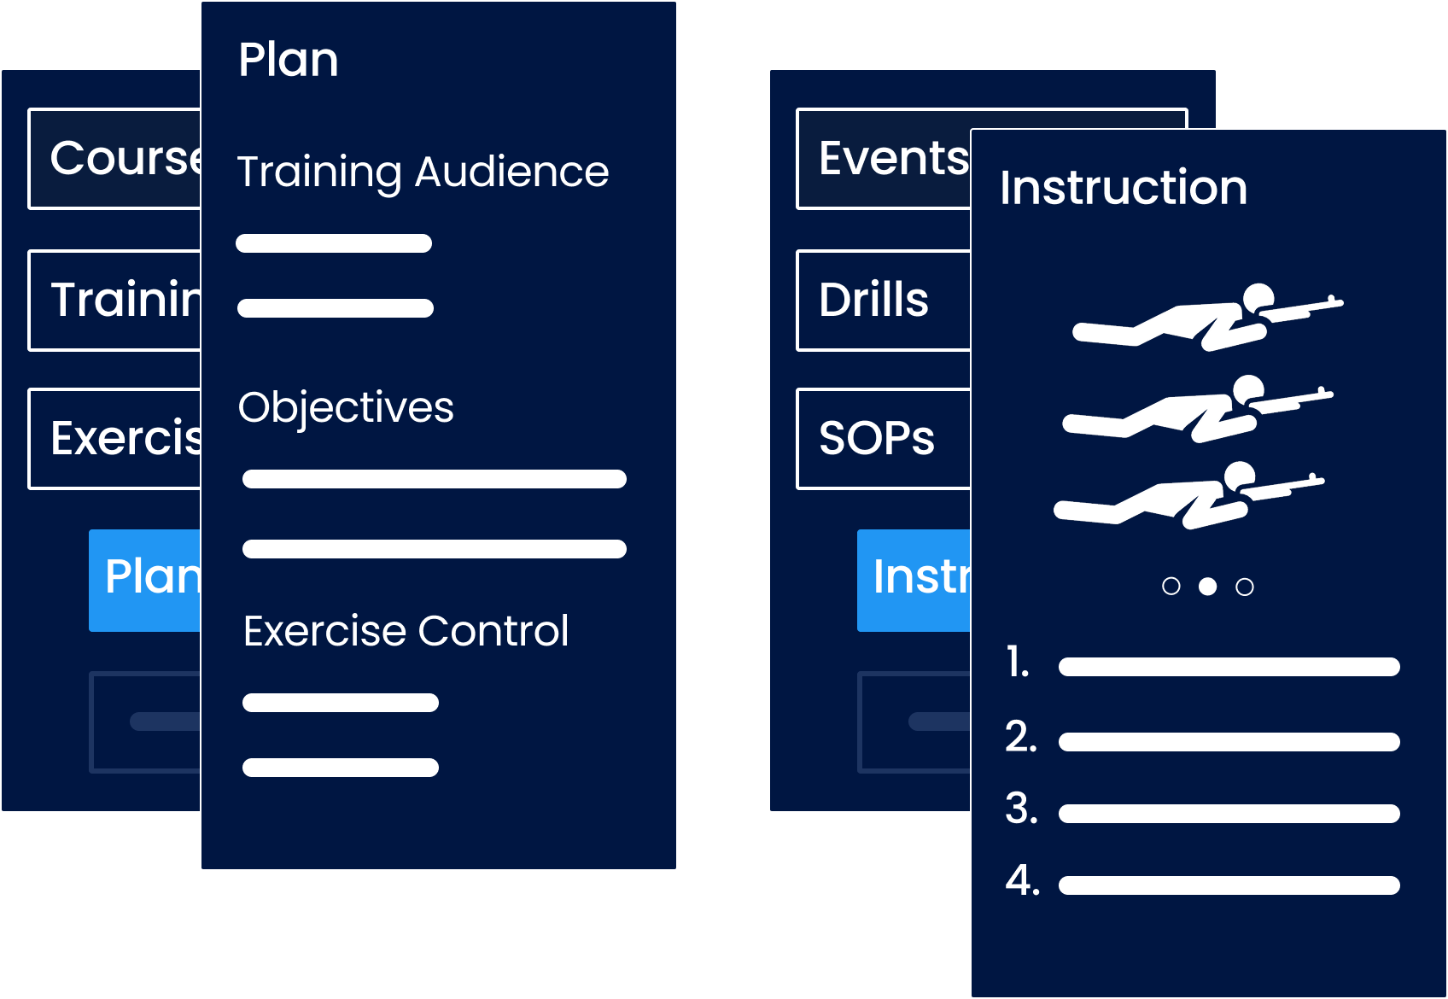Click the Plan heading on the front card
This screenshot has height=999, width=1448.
click(x=288, y=60)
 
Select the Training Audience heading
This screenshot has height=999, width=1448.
click(x=423, y=172)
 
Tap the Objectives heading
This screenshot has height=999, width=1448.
click(x=346, y=407)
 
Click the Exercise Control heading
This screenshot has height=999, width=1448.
click(x=406, y=631)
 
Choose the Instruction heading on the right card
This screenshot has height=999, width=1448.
click(x=1124, y=188)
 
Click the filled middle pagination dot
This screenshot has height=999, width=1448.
click(x=1207, y=587)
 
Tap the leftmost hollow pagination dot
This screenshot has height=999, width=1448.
click(x=1171, y=587)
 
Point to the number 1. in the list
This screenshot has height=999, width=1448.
click(x=1017, y=663)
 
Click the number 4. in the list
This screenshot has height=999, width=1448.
click(x=1022, y=880)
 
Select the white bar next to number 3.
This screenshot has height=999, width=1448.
click(x=1229, y=814)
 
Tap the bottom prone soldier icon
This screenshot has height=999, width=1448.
click(x=1188, y=495)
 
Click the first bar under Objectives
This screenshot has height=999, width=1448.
click(x=434, y=479)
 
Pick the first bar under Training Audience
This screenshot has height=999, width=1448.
click(x=334, y=243)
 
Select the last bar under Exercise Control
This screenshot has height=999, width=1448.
click(x=340, y=768)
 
